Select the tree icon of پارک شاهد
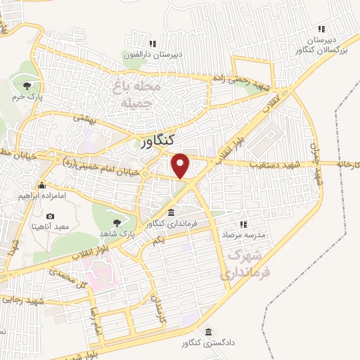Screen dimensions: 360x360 [116, 222]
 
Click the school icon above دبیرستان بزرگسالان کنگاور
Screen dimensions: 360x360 [321, 29]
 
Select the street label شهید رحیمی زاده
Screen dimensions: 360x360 [243, 84]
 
